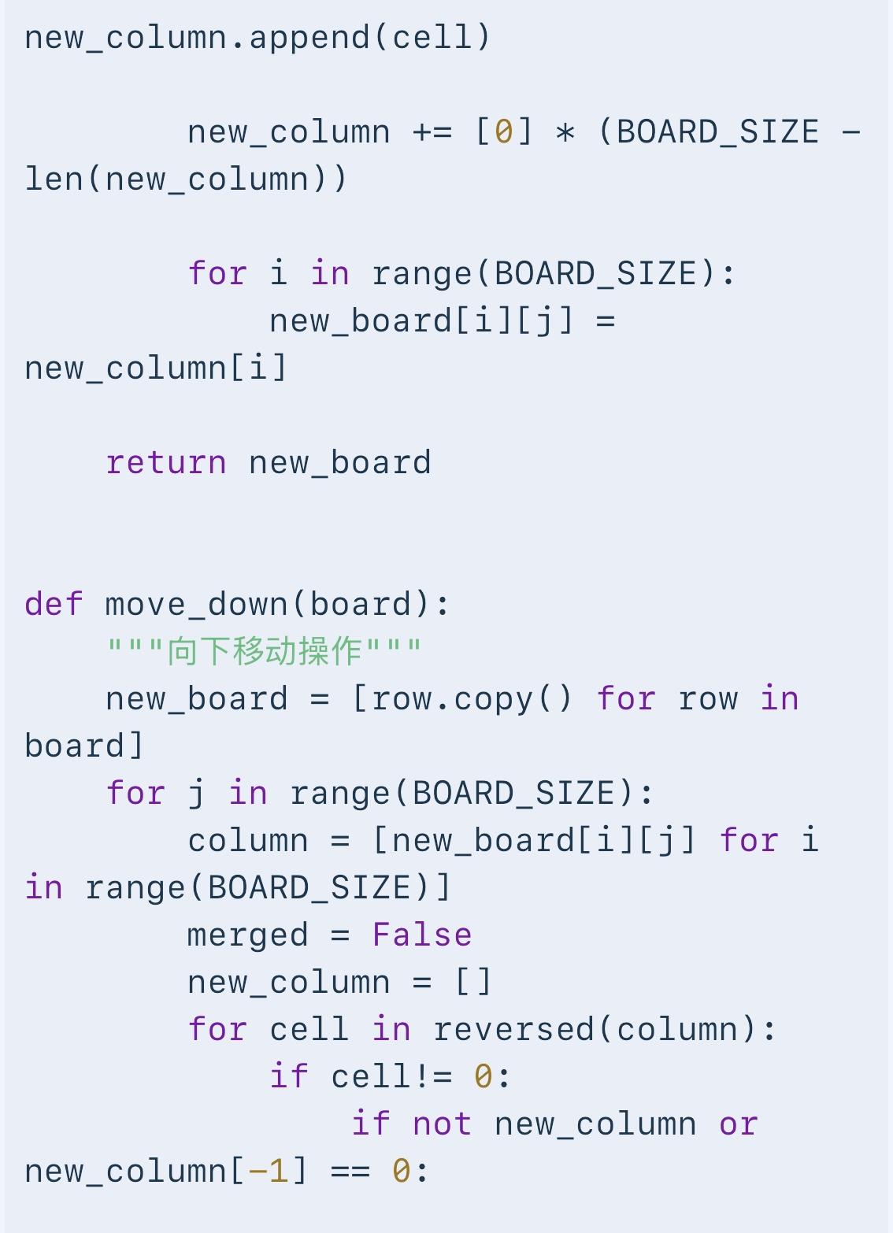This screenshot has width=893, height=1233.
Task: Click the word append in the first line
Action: pos(309,39)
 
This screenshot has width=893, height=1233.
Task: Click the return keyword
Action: pos(165,463)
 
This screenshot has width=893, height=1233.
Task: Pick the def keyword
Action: pos(54,604)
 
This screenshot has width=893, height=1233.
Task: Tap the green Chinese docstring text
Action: pos(265,651)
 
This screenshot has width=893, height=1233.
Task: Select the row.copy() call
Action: pos(472,699)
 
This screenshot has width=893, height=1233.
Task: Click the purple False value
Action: pos(422,935)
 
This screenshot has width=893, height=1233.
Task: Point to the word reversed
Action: pos(514,1029)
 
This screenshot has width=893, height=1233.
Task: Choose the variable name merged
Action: pos(248,935)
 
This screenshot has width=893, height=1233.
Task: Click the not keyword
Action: pos(442,1124)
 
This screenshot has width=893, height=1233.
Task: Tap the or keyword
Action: pos(739,1124)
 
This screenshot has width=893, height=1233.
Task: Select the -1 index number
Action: pos(268,1171)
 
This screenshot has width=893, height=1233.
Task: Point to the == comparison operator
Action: pos(350,1172)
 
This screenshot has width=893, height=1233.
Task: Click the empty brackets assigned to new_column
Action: pos(473,982)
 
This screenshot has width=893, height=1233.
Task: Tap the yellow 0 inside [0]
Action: pos(504,132)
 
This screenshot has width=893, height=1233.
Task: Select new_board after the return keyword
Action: pos(339,463)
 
